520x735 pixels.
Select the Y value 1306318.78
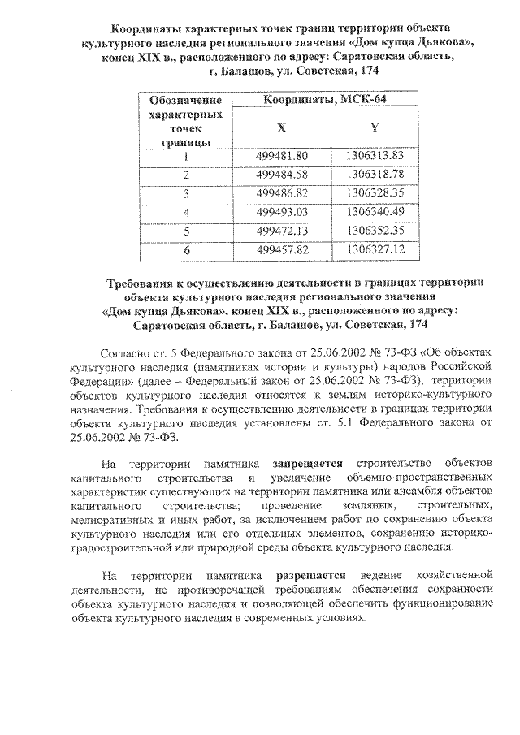pos(375,175)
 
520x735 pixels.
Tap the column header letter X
pos(281,128)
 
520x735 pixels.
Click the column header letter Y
pos(374,128)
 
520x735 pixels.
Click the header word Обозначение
pos(186,101)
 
